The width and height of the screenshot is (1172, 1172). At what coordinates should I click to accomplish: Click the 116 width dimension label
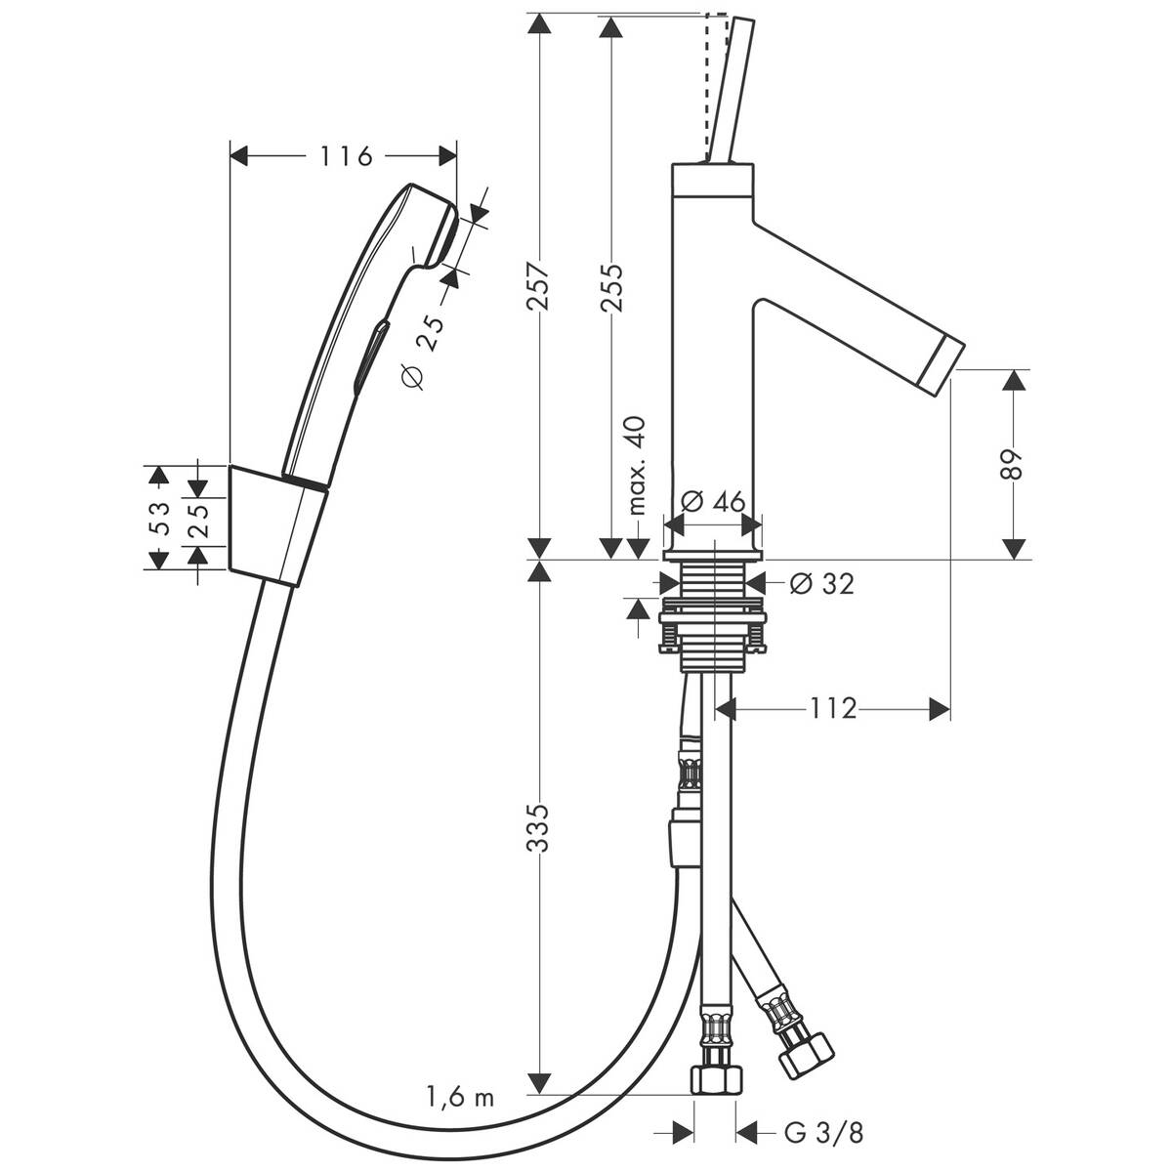(x=345, y=155)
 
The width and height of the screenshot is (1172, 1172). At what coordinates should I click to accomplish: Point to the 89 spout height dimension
(x=1016, y=464)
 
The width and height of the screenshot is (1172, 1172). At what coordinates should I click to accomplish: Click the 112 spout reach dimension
(x=832, y=708)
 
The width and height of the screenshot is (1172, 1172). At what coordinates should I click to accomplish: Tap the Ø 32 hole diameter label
(x=819, y=583)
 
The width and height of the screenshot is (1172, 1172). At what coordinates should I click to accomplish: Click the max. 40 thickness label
(x=638, y=464)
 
